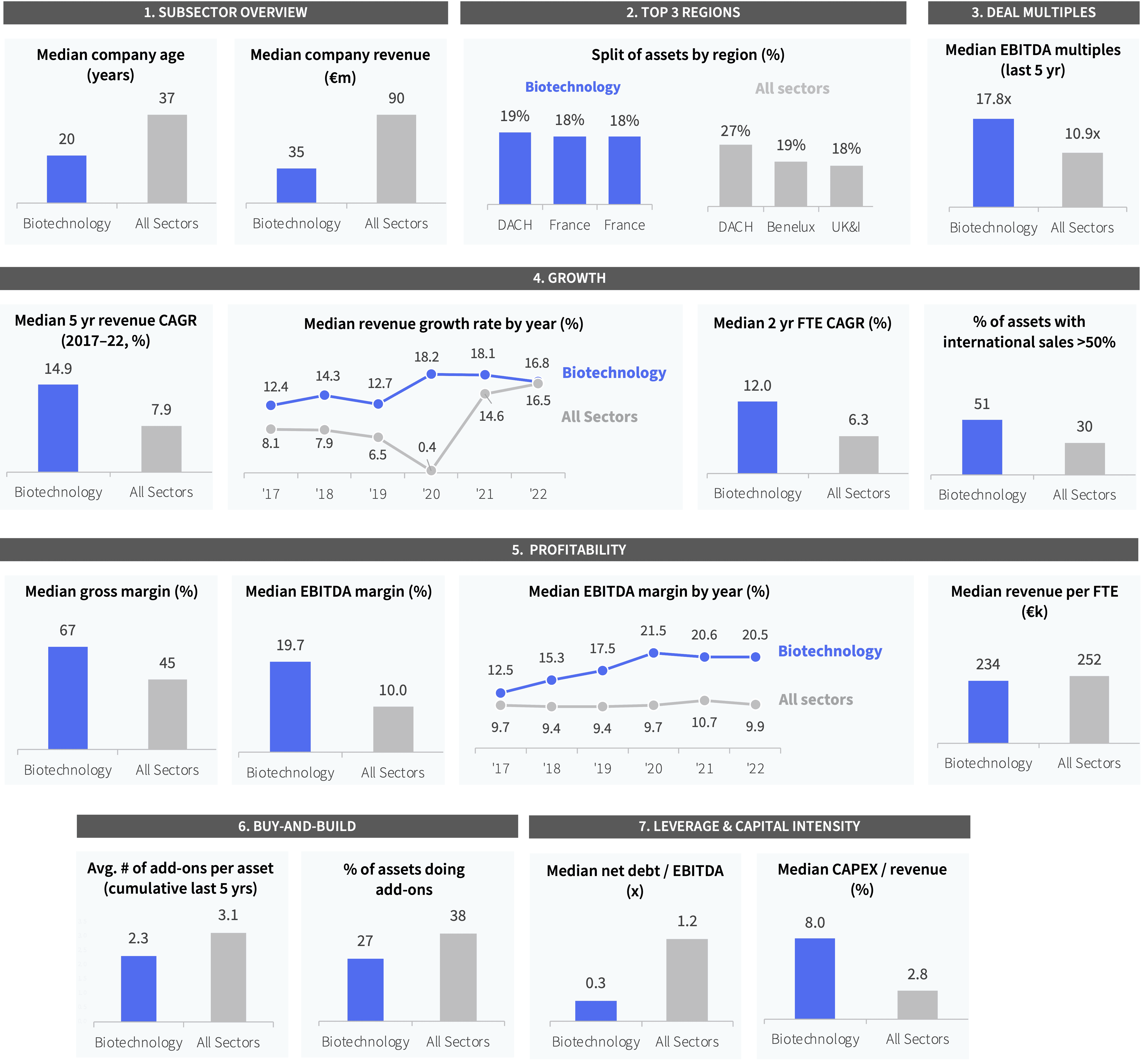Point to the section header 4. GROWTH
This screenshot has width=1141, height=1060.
click(x=569, y=278)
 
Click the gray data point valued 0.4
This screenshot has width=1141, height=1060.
click(x=431, y=470)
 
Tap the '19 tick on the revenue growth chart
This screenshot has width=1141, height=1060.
click(x=378, y=494)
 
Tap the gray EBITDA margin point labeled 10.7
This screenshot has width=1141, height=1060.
click(x=704, y=700)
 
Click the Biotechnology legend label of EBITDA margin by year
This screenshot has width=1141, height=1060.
click(x=830, y=652)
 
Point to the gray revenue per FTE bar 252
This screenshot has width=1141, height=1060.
click(x=1089, y=709)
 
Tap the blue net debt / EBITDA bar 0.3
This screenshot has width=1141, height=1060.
click(x=596, y=1011)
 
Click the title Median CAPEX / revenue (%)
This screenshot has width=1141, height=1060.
click(x=862, y=879)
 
